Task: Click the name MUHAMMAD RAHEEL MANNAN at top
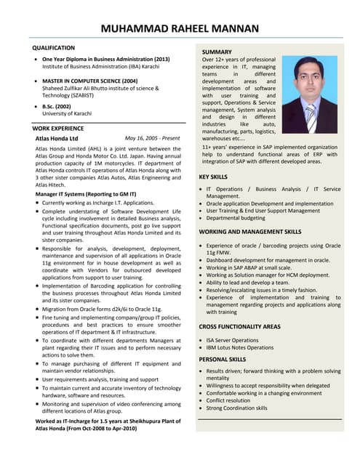(180, 29)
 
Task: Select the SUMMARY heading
(217, 53)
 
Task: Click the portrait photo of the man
(310, 94)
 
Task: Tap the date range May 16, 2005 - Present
(152, 137)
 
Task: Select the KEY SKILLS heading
(213, 177)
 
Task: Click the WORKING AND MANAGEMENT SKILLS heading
(249, 232)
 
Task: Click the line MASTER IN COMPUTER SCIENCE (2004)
(89, 81)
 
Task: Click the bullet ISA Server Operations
(232, 340)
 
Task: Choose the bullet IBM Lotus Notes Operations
(240, 348)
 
